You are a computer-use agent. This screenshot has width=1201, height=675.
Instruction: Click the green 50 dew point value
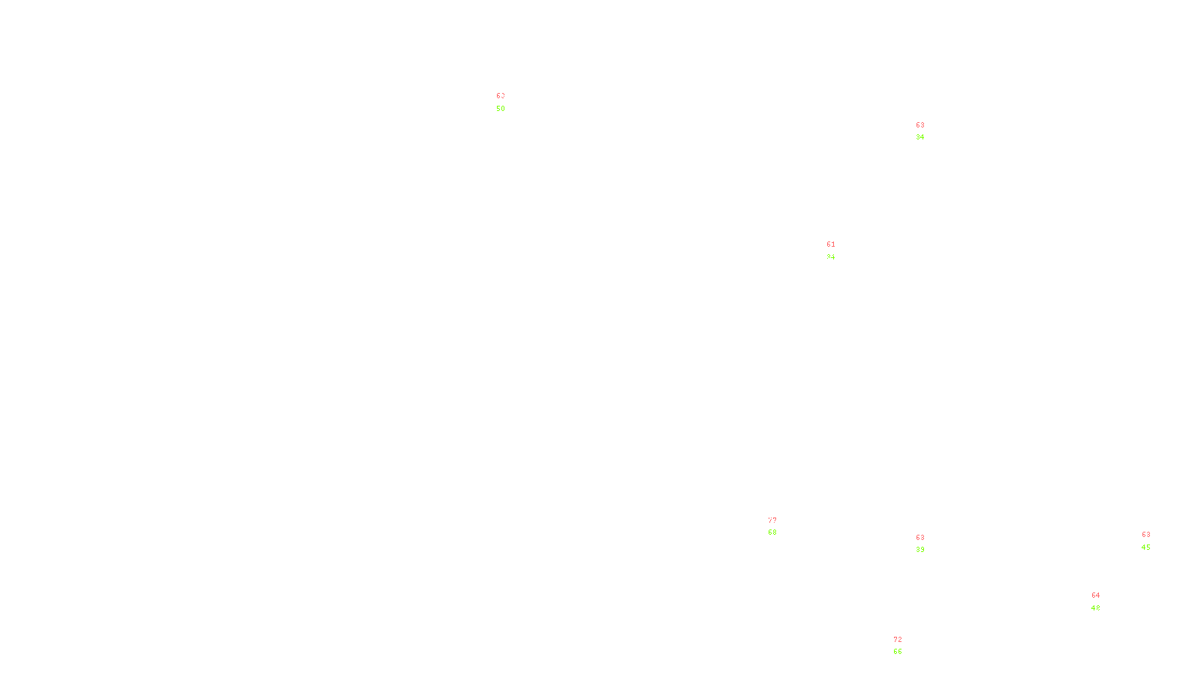[x=501, y=109]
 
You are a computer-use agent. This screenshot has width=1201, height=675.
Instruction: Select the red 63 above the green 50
[x=499, y=96]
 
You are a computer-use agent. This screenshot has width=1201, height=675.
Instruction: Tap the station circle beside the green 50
[x=508, y=102]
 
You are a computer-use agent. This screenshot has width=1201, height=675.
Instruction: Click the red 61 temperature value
[x=831, y=244]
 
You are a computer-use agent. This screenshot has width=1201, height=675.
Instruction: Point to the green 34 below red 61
[x=830, y=257]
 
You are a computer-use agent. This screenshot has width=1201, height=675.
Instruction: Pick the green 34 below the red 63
[x=920, y=137]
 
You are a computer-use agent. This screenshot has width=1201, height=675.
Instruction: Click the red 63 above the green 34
[x=920, y=125]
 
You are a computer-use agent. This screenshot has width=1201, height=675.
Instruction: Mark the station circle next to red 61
[x=838, y=251]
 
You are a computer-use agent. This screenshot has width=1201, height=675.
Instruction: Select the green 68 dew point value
[x=772, y=532]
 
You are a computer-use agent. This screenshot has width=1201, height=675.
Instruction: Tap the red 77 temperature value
[x=772, y=520]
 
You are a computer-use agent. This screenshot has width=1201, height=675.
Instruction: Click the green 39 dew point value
[x=920, y=550]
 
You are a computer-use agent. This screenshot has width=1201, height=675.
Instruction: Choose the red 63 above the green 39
[x=920, y=538]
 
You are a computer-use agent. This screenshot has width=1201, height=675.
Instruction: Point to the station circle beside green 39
[x=929, y=544]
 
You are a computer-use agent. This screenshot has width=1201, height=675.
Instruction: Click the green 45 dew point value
[x=1146, y=547]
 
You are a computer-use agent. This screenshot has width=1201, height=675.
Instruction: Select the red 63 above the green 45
[x=1146, y=535]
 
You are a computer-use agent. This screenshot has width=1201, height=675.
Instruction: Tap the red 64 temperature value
[x=1096, y=595]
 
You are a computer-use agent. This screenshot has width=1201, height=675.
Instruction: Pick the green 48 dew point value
[x=1096, y=608]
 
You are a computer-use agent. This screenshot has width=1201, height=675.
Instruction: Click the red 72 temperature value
[x=898, y=640]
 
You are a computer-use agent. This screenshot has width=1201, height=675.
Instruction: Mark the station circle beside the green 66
[x=906, y=646]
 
